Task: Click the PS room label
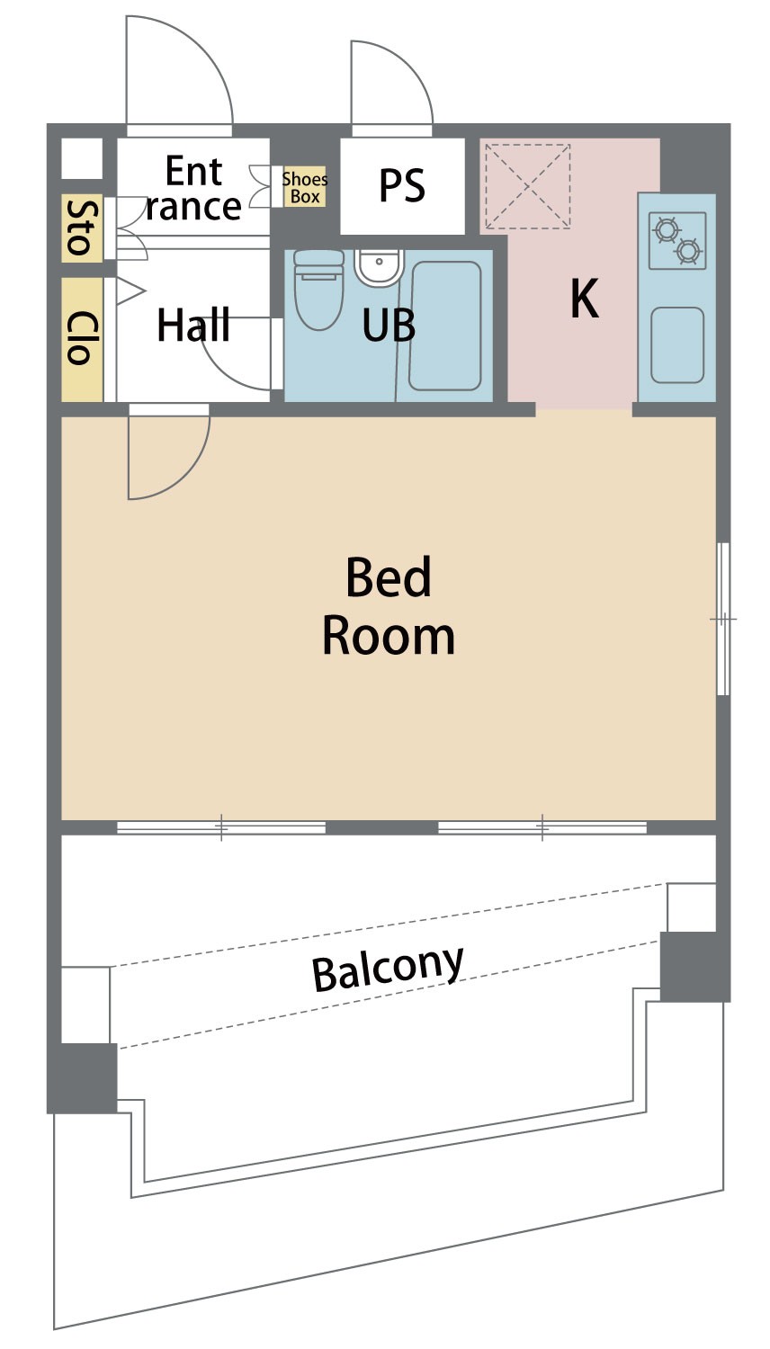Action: click(402, 185)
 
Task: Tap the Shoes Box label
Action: click(305, 187)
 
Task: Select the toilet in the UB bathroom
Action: click(318, 290)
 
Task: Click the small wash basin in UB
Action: click(379, 267)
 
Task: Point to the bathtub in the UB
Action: click(445, 326)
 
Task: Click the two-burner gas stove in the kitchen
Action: click(677, 240)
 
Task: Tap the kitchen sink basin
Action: click(677, 345)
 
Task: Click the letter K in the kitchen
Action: click(585, 298)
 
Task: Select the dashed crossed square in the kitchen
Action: click(528, 186)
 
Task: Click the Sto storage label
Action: click(82, 228)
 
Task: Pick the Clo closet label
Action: click(82, 338)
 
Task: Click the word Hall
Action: click(193, 326)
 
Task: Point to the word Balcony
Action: click(388, 969)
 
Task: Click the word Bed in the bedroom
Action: click(389, 577)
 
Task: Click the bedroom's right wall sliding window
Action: click(723, 619)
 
